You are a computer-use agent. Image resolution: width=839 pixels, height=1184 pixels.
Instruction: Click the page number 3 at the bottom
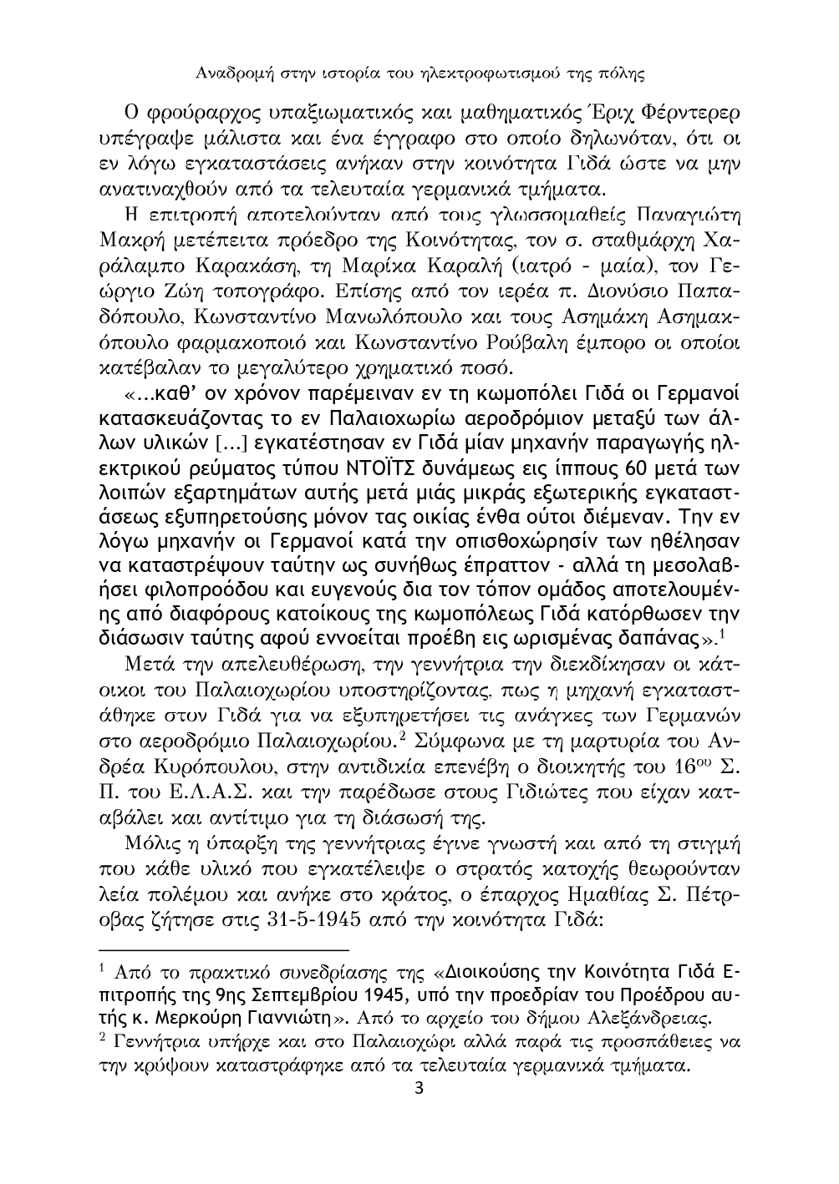pos(419,1090)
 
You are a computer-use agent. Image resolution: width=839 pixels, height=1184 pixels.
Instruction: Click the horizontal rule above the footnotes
pos(223,950)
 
